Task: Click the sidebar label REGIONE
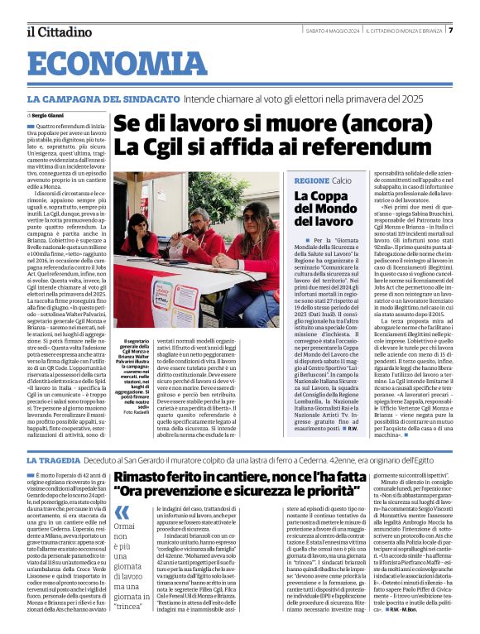(312, 180)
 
